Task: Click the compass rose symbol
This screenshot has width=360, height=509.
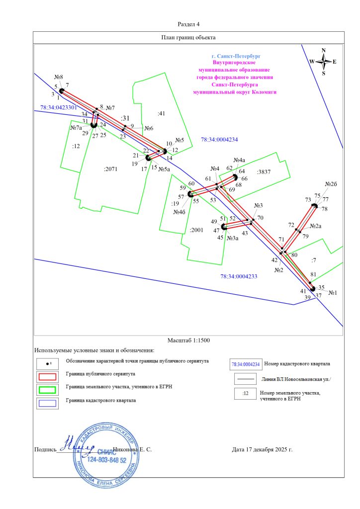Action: tap(323, 62)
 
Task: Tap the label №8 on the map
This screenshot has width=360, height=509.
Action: tap(58, 77)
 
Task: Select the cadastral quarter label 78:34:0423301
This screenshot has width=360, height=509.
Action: tap(59, 107)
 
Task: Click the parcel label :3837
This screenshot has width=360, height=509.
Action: tap(264, 171)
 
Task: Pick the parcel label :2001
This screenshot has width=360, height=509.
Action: tap(197, 231)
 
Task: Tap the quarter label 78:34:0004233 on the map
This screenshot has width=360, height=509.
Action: tap(239, 276)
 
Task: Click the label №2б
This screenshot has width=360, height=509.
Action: tap(331, 184)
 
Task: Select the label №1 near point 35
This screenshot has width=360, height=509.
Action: tap(332, 293)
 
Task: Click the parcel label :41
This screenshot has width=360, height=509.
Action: tap(161, 114)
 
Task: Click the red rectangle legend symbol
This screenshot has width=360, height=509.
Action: tap(47, 376)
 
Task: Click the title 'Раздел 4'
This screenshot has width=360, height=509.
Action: tap(188, 24)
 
